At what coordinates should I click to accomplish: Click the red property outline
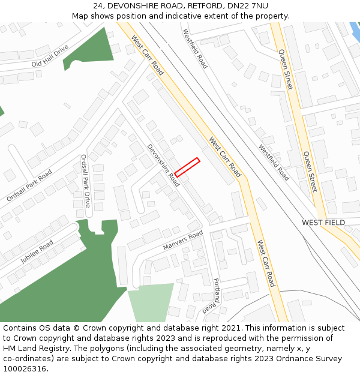pyautogui.click(x=187, y=167)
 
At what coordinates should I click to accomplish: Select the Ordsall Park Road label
pyautogui.click(x=29, y=185)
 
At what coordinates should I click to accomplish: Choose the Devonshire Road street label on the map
pyautogui.click(x=163, y=165)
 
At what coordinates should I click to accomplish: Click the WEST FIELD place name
pyautogui.click(x=323, y=223)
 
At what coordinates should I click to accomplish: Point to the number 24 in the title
pyautogui.click(x=98, y=6)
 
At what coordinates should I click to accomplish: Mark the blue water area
pyautogui.click(x=355, y=30)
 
